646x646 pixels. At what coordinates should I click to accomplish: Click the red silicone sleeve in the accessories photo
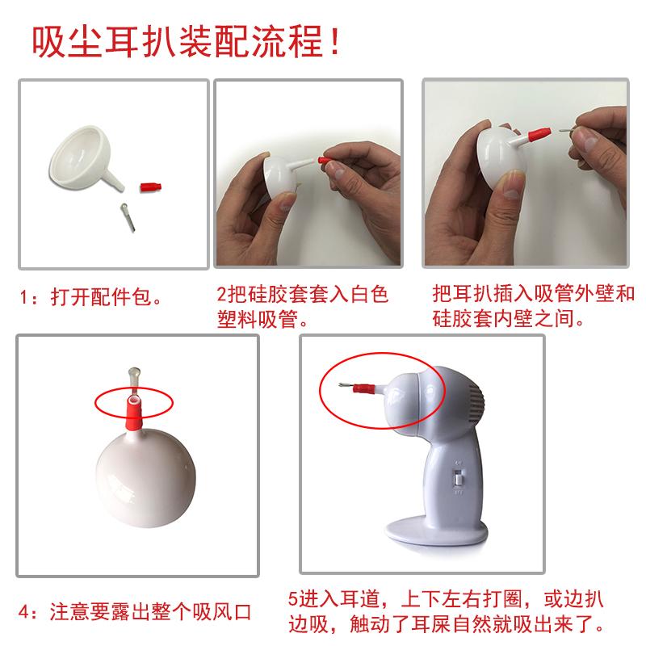click(151, 187)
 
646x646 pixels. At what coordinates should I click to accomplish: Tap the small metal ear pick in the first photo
click(128, 216)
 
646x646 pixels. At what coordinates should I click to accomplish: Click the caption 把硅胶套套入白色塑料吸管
click(303, 307)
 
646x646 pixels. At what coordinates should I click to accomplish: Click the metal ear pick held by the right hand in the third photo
click(567, 131)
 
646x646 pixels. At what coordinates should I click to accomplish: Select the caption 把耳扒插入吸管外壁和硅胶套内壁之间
click(534, 306)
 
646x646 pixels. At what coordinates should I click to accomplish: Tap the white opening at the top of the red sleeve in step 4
click(133, 400)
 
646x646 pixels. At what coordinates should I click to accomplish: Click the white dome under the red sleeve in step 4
click(146, 477)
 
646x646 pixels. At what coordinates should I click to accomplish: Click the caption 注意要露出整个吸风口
click(150, 612)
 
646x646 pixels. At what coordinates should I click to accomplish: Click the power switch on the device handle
click(458, 478)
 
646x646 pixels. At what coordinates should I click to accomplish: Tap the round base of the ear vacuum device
click(437, 531)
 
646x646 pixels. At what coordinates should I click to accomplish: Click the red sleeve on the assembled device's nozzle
click(365, 388)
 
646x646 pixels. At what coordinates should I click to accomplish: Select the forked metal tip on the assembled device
click(346, 386)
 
